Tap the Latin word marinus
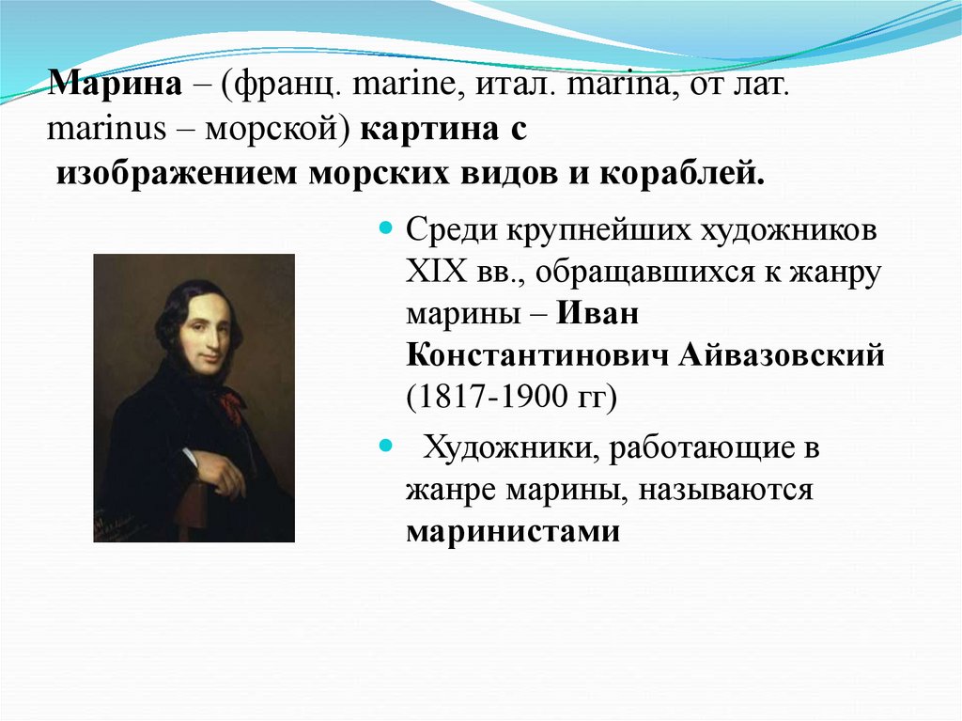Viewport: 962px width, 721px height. (x=102, y=131)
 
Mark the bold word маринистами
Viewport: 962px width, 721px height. (x=514, y=532)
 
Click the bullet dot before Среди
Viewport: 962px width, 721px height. (x=384, y=229)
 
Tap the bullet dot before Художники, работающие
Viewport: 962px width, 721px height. (x=384, y=445)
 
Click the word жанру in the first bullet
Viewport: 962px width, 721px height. (x=834, y=273)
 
